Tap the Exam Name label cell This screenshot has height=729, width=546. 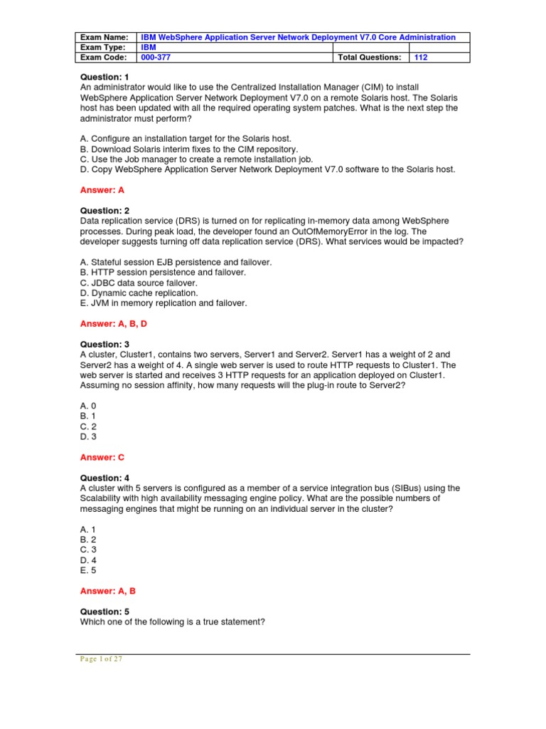[104, 37]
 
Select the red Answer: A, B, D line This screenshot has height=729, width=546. [115, 324]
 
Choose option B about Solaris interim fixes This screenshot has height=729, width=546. [188, 149]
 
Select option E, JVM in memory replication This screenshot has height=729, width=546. [163, 303]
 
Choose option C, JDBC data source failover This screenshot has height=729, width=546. [138, 283]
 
